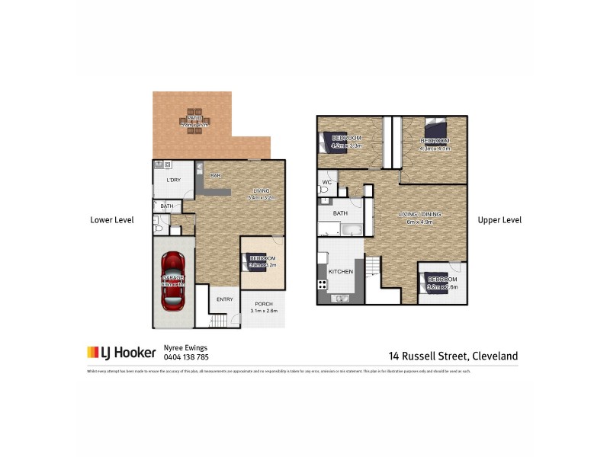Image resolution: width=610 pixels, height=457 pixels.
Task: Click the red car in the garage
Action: coord(174,280)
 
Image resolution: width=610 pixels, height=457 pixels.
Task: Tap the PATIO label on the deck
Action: coord(194,118)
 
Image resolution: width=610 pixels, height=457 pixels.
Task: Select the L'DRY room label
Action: coord(174,180)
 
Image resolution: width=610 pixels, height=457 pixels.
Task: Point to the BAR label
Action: coord(216,176)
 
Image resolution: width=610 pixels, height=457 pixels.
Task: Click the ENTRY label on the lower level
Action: coord(225,299)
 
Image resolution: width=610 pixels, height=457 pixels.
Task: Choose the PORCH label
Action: coord(264,304)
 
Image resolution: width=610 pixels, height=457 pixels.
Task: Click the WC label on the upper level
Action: coord(326,184)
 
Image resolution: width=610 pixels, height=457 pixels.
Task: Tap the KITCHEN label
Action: coord(340,271)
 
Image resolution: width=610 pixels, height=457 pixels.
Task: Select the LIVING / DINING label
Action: coord(420,215)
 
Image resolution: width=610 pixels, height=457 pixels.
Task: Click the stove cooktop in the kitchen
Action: coord(323,286)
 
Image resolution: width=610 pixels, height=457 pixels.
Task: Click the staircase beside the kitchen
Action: coord(372,268)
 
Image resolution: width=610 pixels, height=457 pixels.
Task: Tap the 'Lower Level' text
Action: coord(112,220)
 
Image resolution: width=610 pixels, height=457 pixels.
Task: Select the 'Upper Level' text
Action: coord(499,220)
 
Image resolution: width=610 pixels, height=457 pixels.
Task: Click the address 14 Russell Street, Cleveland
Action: coord(453,356)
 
